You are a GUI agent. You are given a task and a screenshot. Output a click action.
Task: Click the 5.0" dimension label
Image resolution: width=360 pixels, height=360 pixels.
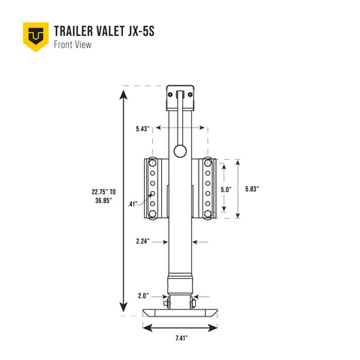[225, 189]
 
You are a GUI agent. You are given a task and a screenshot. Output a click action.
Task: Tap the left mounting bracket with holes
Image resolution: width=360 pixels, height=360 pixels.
[153, 189]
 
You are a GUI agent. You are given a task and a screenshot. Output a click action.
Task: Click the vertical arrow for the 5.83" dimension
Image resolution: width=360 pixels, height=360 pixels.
[238, 189]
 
